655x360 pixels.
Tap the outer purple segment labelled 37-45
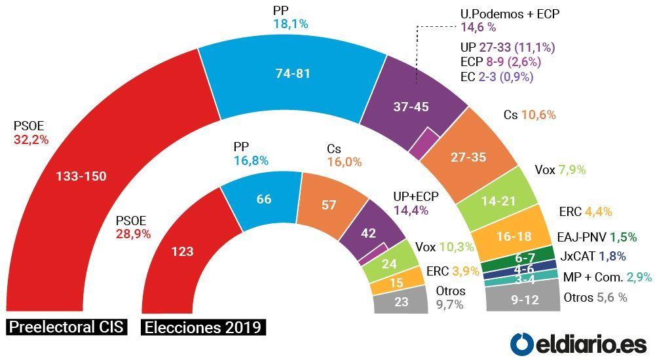(x=411, y=107)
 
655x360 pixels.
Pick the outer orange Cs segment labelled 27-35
(x=469, y=157)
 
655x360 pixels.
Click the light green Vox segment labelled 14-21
(x=497, y=201)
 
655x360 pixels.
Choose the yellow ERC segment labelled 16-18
(x=514, y=236)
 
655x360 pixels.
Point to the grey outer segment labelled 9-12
(x=525, y=299)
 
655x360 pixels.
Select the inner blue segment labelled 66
(x=263, y=199)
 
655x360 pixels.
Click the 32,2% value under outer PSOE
(x=31, y=140)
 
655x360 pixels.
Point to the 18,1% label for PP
(x=291, y=24)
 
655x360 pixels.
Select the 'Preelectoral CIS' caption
(x=67, y=327)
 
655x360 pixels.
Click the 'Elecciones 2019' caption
(x=204, y=327)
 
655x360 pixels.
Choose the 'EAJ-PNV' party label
(x=582, y=238)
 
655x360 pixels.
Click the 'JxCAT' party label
(x=578, y=256)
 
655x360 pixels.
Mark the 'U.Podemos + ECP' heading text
(x=510, y=14)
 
